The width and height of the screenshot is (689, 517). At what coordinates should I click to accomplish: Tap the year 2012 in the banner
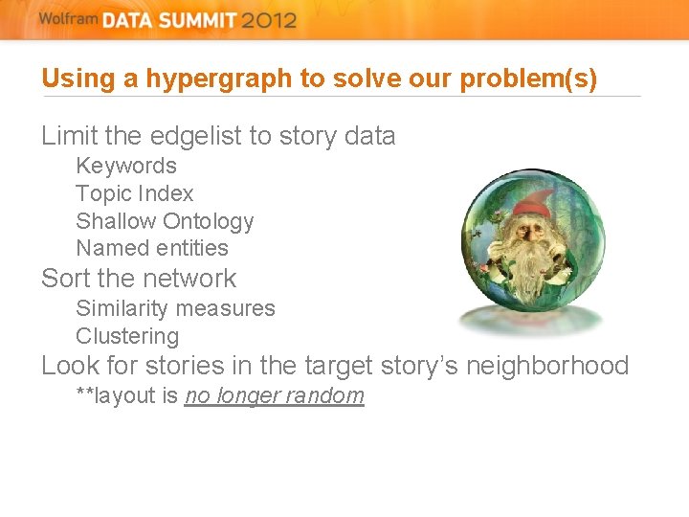tap(269, 21)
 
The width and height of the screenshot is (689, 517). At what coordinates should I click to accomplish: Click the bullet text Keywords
tap(126, 166)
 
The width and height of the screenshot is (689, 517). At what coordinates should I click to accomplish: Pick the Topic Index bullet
tap(135, 193)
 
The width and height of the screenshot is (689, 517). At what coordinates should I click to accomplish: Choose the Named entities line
tap(152, 248)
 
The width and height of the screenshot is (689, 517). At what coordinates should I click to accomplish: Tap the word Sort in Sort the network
tap(65, 279)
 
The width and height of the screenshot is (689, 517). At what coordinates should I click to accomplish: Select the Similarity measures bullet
tap(175, 308)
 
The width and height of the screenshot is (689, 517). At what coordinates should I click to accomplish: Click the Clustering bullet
tap(127, 336)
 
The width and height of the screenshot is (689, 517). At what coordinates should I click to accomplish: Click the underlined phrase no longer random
tap(275, 395)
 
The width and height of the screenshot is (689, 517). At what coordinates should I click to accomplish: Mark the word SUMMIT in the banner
tap(189, 21)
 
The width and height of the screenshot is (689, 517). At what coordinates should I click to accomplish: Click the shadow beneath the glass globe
tap(531, 321)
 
